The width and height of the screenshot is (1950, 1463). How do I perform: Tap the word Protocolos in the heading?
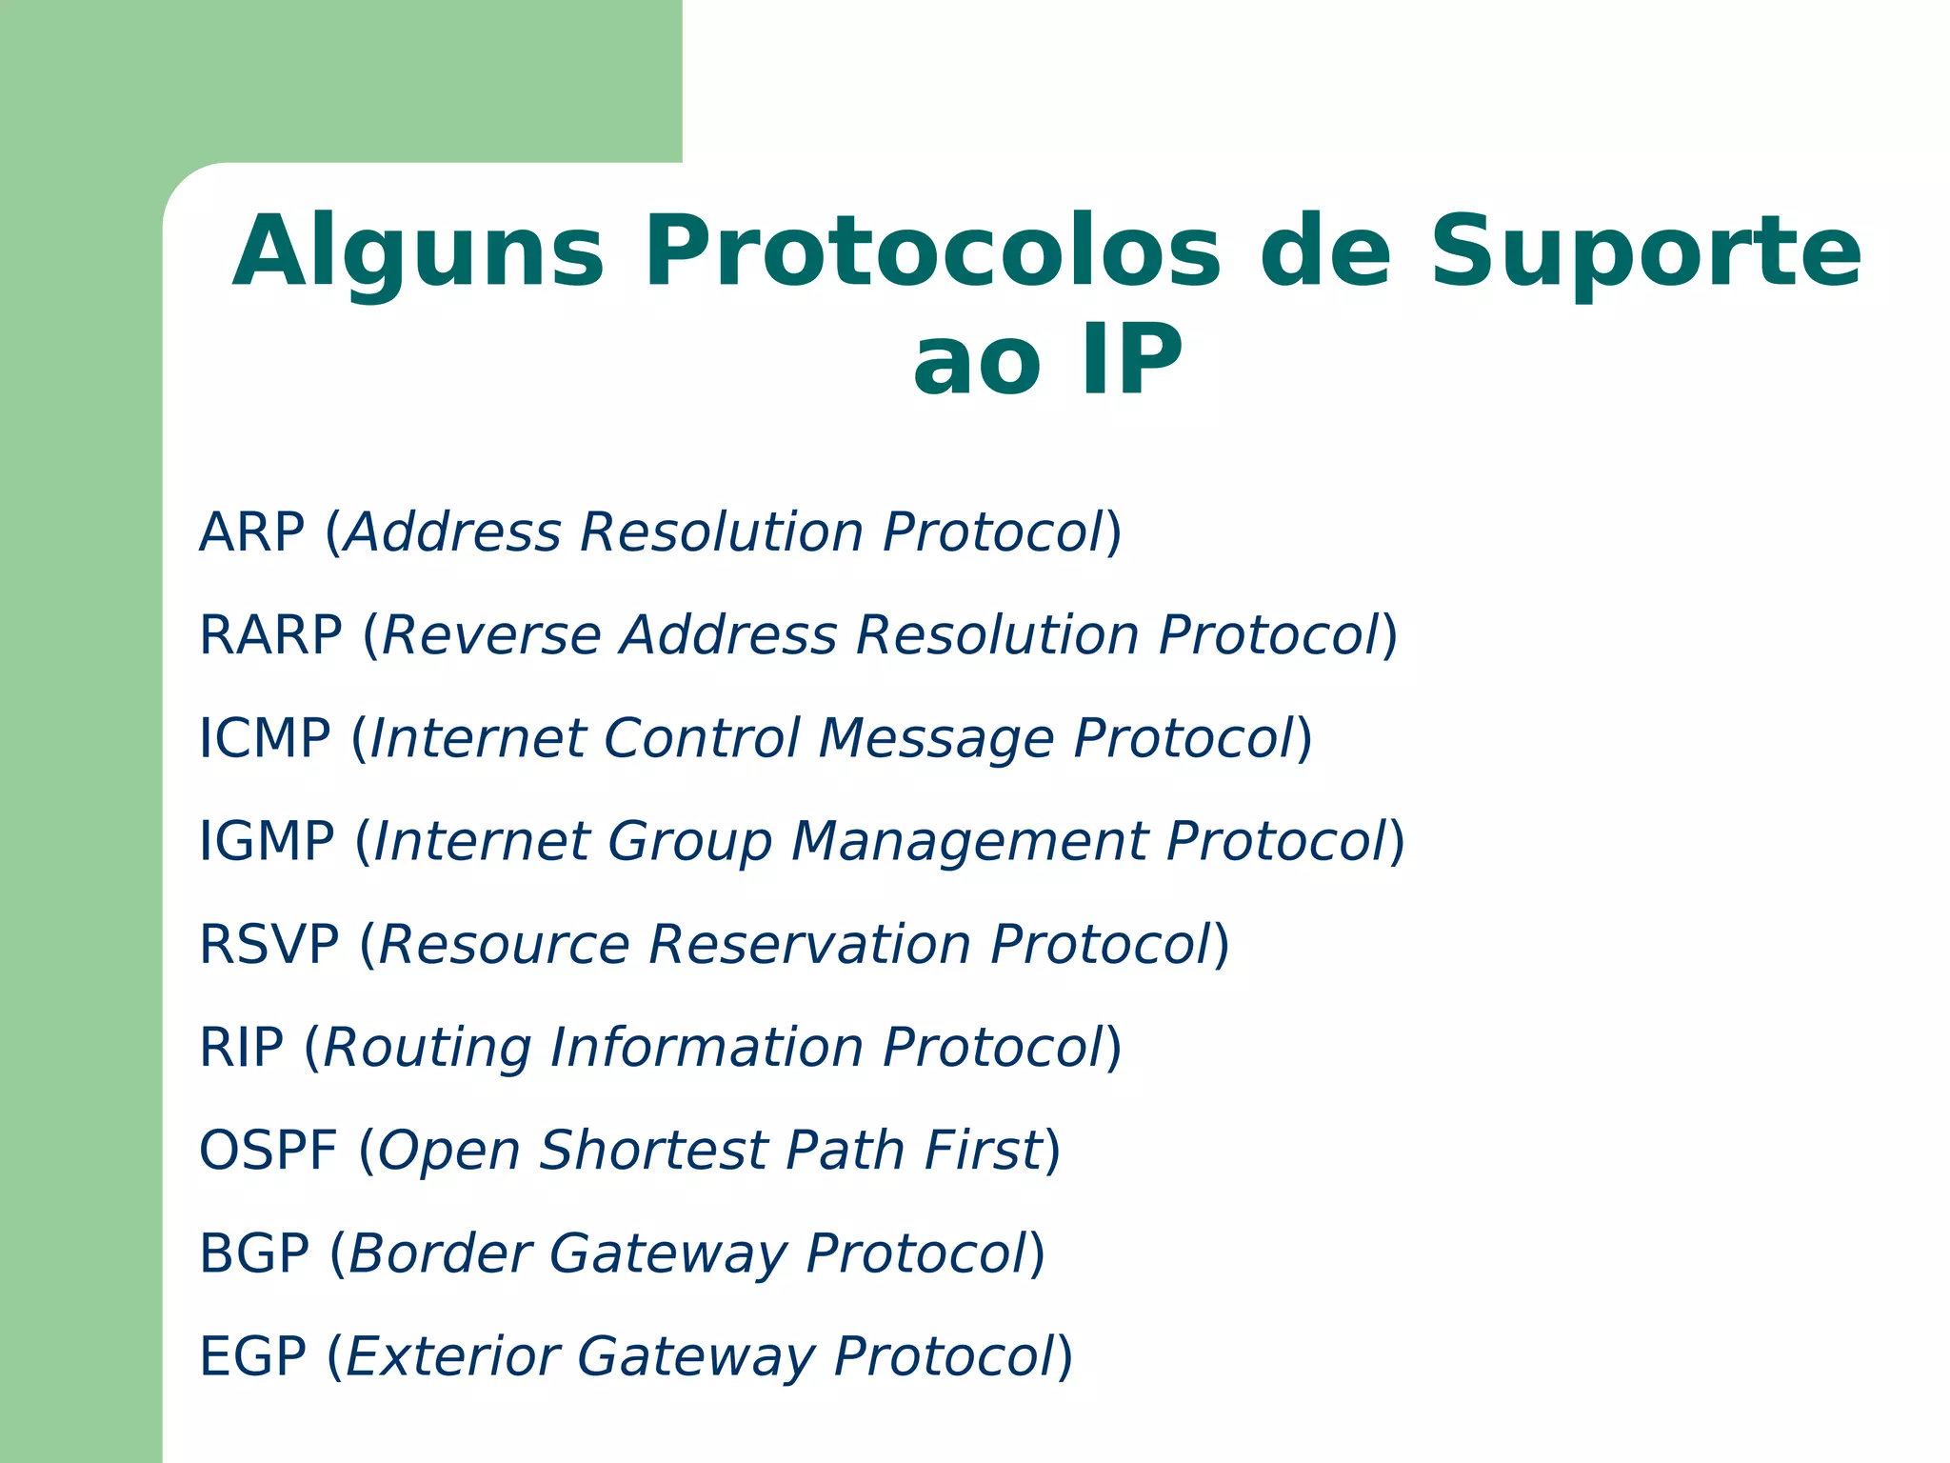(932, 252)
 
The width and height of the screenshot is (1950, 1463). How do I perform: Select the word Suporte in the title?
(1644, 252)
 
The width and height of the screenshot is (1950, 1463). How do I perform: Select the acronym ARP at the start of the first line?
(251, 532)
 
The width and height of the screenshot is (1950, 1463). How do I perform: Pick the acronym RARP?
(270, 635)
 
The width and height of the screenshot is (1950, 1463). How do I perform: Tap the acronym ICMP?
(265, 738)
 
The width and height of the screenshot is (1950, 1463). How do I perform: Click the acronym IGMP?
(267, 841)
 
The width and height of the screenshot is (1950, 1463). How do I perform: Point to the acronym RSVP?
(269, 945)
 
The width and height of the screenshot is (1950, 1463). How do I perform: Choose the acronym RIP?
(241, 1048)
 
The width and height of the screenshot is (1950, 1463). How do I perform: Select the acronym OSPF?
(268, 1151)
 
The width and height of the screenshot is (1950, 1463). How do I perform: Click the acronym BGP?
(254, 1253)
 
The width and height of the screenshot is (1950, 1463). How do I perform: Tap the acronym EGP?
(252, 1356)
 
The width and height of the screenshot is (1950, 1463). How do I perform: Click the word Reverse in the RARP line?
(490, 635)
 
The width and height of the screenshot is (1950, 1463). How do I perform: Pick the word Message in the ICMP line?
(936, 740)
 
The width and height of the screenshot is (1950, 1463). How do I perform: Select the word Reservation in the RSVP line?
(810, 945)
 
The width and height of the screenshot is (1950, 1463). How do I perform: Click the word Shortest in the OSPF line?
(654, 1151)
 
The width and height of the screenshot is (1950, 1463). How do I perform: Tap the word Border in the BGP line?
(440, 1253)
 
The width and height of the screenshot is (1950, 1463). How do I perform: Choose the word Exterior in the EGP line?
(451, 1356)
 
